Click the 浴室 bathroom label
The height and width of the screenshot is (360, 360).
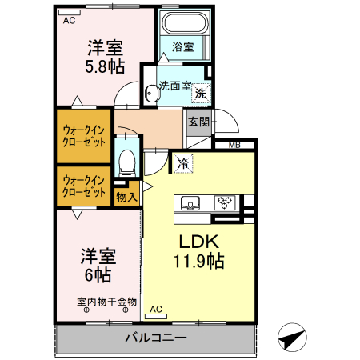pos(182,47)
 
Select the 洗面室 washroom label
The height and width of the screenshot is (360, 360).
pos(174,85)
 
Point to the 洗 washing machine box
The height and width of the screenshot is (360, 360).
pos(202,93)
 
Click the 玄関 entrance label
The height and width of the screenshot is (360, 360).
pos(198,122)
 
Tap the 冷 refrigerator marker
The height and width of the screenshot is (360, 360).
pos(183,163)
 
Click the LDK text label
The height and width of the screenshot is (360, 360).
pos(199,242)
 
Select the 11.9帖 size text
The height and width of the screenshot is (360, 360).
pos(199,261)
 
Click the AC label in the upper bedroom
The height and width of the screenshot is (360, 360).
pos(69,19)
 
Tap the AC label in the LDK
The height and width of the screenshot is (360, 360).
pos(156,308)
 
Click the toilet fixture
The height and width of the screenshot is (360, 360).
pos(126,164)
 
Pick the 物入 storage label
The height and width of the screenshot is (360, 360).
pos(126,195)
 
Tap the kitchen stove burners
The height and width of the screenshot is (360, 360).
pos(225,202)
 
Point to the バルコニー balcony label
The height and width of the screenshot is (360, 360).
pos(156,338)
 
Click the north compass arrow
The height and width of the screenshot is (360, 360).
pos(294,338)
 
